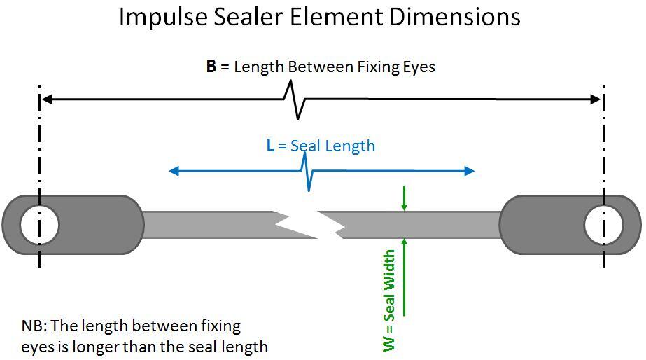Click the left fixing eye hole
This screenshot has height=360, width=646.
[40, 225]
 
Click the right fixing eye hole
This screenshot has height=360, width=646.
[603, 225]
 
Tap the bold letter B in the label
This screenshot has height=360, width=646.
[211, 67]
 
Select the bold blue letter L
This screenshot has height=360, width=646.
[270, 146]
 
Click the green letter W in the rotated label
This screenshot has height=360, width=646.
[389, 343]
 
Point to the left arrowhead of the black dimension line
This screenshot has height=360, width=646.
[47, 99]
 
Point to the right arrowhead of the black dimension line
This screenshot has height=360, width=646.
[596, 99]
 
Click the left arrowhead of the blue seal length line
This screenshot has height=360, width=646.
[174, 171]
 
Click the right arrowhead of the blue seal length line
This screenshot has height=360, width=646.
[469, 171]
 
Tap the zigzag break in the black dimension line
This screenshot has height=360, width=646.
[295, 99]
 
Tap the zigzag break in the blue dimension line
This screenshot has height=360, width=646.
[307, 171]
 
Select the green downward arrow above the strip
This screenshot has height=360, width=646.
[404, 199]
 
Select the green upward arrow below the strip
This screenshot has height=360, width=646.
[404, 277]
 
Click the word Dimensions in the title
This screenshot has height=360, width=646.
[454, 17]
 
